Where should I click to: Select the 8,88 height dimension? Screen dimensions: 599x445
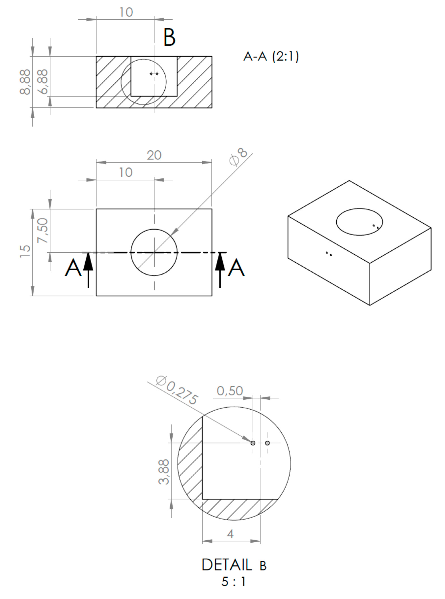(25, 82)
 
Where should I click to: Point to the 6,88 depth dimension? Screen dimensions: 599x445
(43, 82)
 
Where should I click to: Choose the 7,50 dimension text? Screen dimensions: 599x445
(43, 231)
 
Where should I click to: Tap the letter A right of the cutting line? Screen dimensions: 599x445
(236, 268)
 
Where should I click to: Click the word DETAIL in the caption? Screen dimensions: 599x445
(226, 565)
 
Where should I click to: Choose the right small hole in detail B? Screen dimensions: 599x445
(267, 443)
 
